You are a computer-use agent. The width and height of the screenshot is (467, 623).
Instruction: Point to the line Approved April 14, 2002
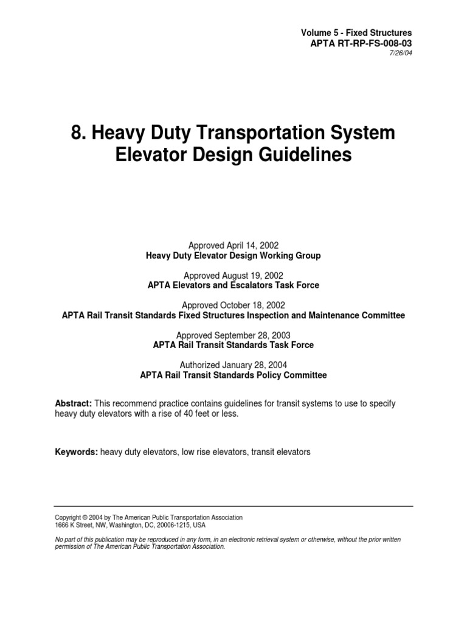(233, 245)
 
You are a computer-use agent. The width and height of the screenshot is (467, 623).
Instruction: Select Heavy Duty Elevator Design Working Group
(233, 256)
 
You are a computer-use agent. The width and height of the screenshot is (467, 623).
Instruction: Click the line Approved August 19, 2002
(233, 275)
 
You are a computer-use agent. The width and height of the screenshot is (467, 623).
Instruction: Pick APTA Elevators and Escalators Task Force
(233, 285)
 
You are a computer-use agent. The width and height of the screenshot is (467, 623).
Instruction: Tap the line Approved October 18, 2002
(233, 305)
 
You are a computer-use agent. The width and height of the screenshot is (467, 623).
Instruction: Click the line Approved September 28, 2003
(233, 335)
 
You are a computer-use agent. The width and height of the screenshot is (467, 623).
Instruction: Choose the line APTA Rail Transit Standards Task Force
(233, 345)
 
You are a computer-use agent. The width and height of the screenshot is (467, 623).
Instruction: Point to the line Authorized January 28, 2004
(233, 364)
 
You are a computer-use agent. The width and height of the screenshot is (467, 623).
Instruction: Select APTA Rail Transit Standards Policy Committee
(233, 375)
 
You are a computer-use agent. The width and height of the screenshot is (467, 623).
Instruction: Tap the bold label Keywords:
(75, 451)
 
